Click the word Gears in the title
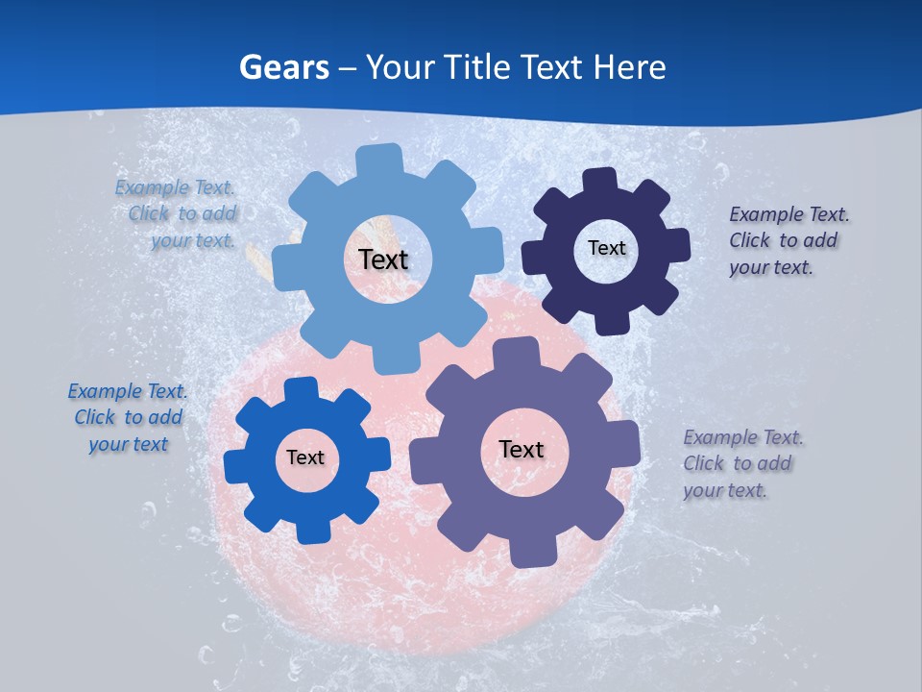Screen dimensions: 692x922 (x=282, y=67)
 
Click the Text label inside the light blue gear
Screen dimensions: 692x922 (x=383, y=259)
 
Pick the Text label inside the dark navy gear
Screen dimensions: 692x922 (x=606, y=248)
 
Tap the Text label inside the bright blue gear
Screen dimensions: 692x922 (x=305, y=457)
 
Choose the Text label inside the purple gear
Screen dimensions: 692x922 (x=522, y=449)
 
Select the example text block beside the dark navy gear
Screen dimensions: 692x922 (x=789, y=240)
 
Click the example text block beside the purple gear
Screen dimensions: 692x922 (x=742, y=463)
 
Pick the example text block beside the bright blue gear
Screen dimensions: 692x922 (x=128, y=417)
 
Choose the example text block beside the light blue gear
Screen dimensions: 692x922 (x=176, y=213)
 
